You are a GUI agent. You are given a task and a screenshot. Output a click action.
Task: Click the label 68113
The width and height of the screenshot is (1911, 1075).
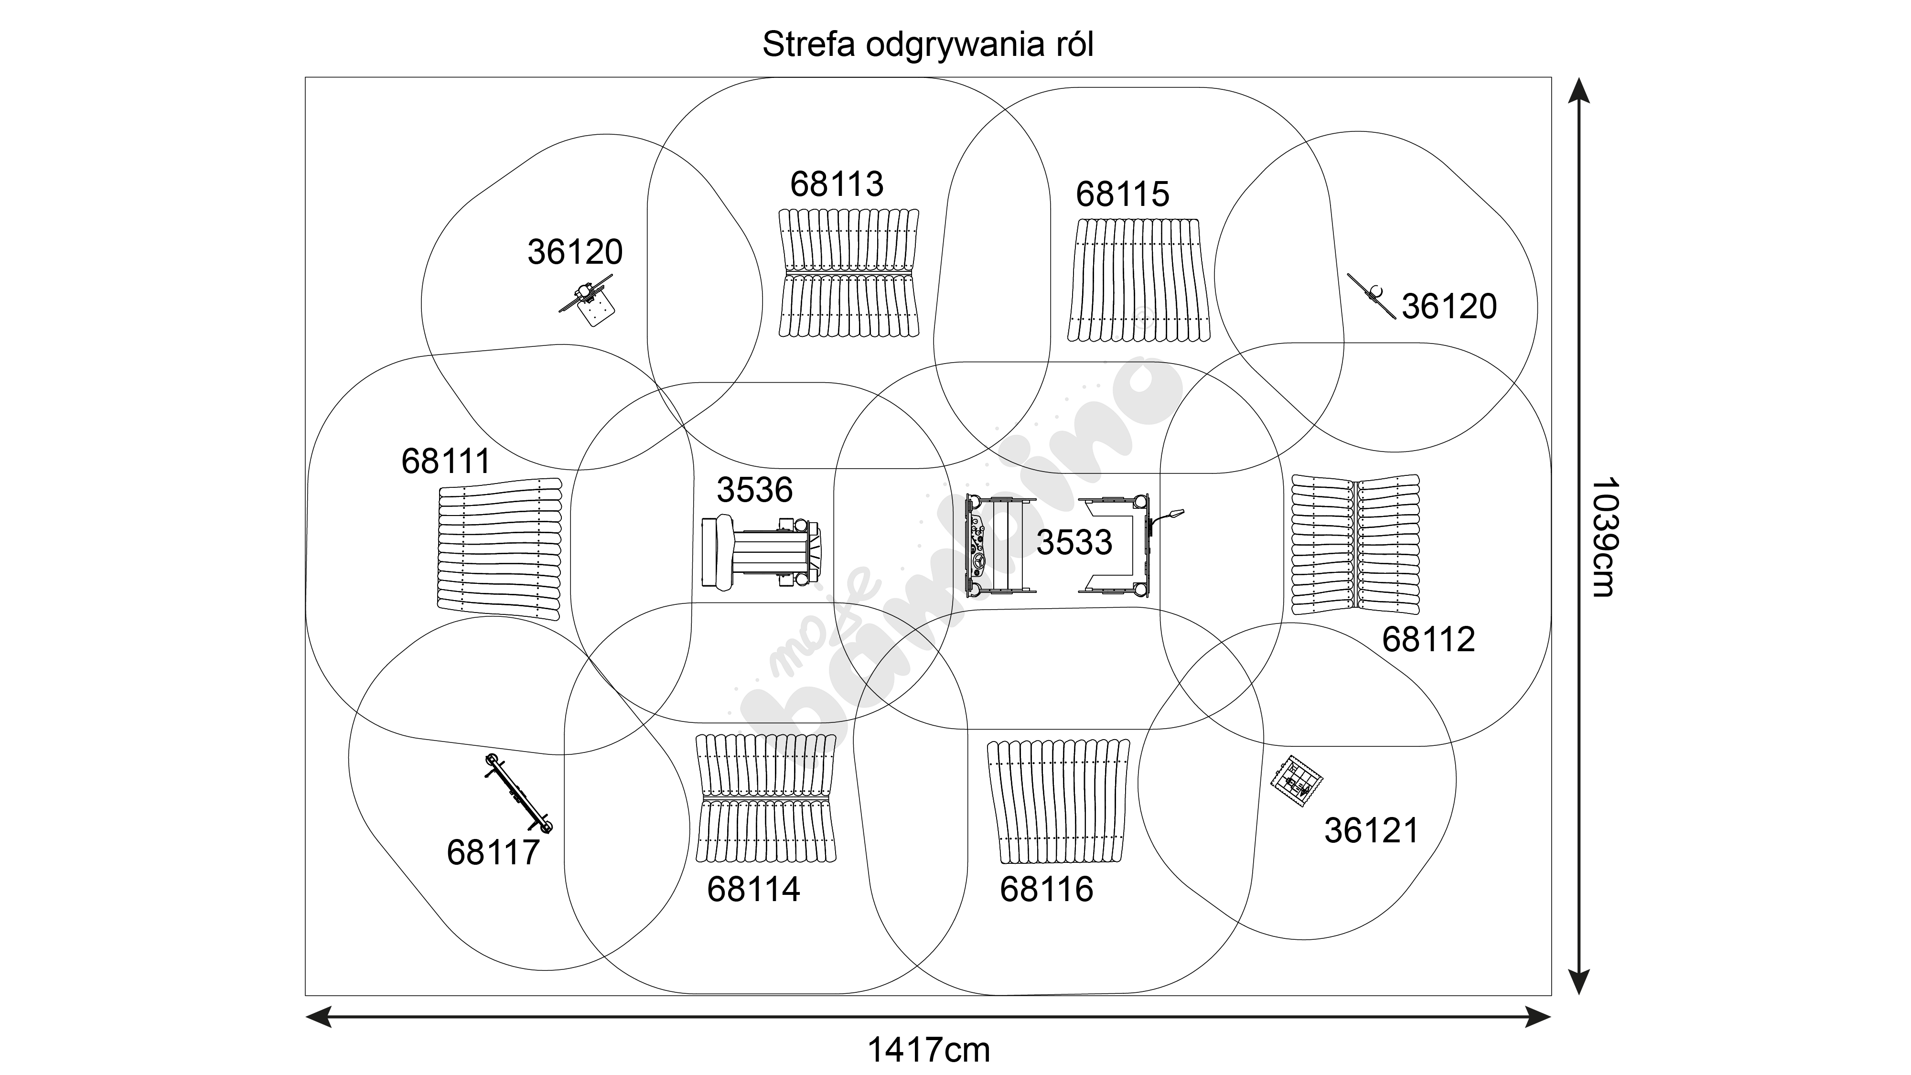tap(837, 184)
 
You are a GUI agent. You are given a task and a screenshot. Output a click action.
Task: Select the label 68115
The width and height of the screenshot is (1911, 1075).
tap(1122, 194)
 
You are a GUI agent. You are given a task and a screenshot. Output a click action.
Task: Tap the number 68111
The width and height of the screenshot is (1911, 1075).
tap(446, 462)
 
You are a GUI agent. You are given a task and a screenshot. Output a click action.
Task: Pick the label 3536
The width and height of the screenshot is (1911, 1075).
tap(754, 490)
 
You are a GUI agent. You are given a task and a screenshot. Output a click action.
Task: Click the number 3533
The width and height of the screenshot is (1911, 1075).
tap(1074, 542)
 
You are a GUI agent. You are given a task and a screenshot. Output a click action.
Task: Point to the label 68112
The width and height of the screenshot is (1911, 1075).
tap(1428, 640)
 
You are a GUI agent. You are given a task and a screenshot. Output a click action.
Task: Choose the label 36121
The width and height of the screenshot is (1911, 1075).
tap(1371, 831)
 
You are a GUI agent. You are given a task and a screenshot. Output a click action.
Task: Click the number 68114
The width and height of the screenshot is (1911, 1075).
tap(753, 889)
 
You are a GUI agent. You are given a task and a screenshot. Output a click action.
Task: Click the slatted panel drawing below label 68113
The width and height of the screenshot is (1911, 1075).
tap(848, 273)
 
